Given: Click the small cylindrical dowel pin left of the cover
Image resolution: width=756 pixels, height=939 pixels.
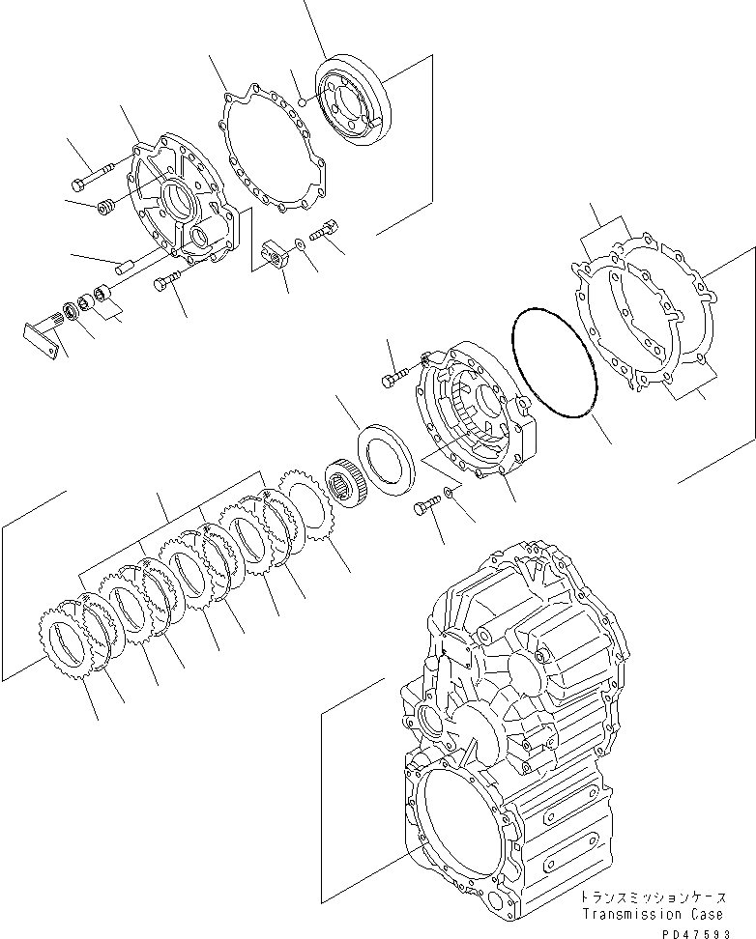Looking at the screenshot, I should pos(126,268).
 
